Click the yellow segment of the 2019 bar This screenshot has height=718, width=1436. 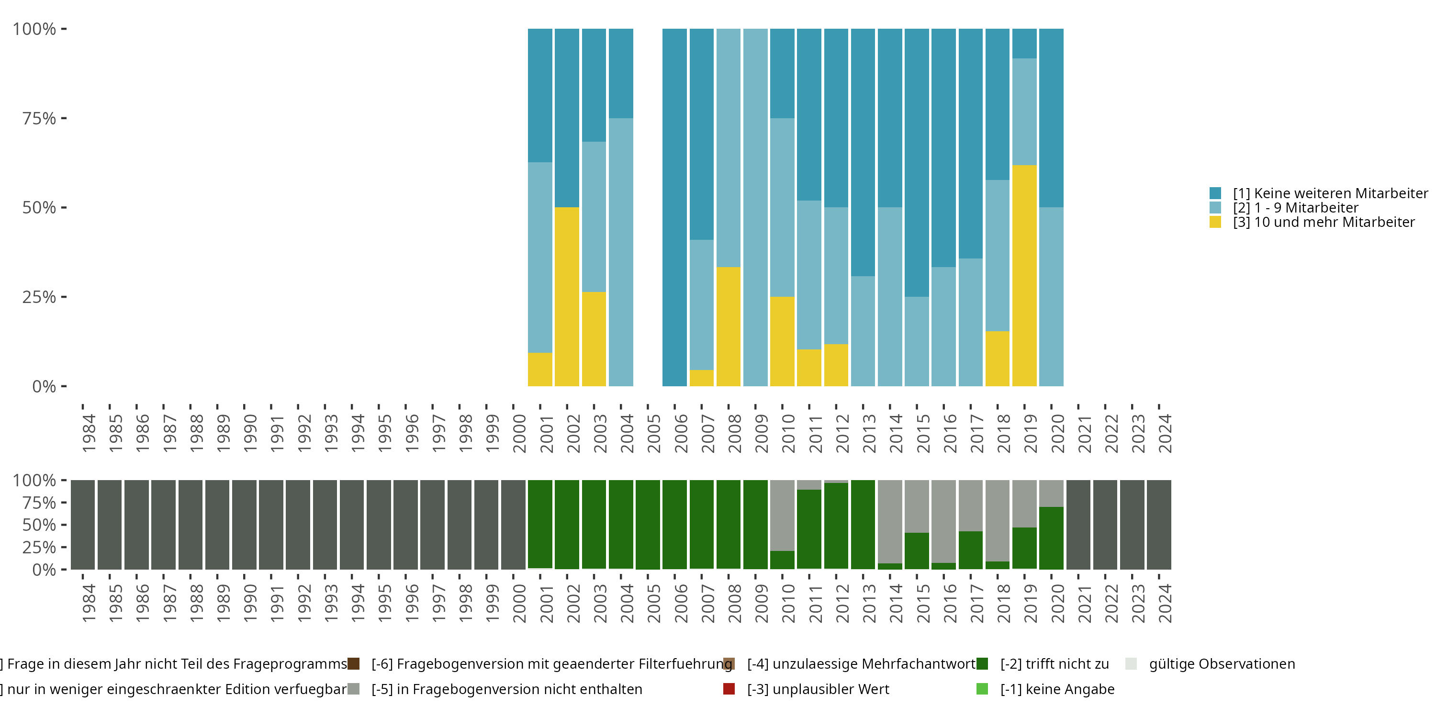tap(1024, 275)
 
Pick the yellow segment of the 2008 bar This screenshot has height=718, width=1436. tap(728, 326)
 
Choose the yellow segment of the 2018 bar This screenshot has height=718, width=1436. tap(997, 359)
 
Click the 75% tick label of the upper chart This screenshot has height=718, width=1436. tap(39, 118)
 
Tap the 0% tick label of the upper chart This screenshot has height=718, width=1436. tap(44, 386)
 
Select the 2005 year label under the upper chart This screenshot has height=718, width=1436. tap(653, 433)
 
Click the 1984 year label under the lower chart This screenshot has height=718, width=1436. tap(89, 603)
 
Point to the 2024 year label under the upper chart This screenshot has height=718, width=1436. tap(1165, 433)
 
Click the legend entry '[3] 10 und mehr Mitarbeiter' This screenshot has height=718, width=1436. tap(1323, 223)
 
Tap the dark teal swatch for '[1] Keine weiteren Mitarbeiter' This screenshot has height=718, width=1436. tap(1215, 193)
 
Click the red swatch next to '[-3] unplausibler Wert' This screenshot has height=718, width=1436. tap(729, 689)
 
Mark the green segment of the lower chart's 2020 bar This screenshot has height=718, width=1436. tap(1051, 538)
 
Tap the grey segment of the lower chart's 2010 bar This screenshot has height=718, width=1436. tap(782, 516)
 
